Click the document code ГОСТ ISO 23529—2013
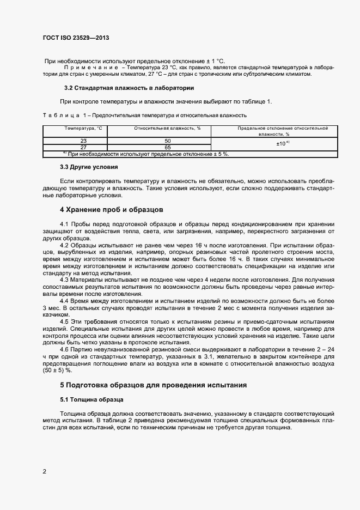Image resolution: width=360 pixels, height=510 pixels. coord(80,38)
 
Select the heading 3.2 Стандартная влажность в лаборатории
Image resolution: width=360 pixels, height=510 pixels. coord(129,88)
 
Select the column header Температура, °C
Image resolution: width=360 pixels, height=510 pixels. coord(83,128)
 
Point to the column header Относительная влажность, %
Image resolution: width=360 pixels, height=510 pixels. coord(160,128)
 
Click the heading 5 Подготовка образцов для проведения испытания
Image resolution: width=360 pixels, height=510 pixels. coord(154,385)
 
